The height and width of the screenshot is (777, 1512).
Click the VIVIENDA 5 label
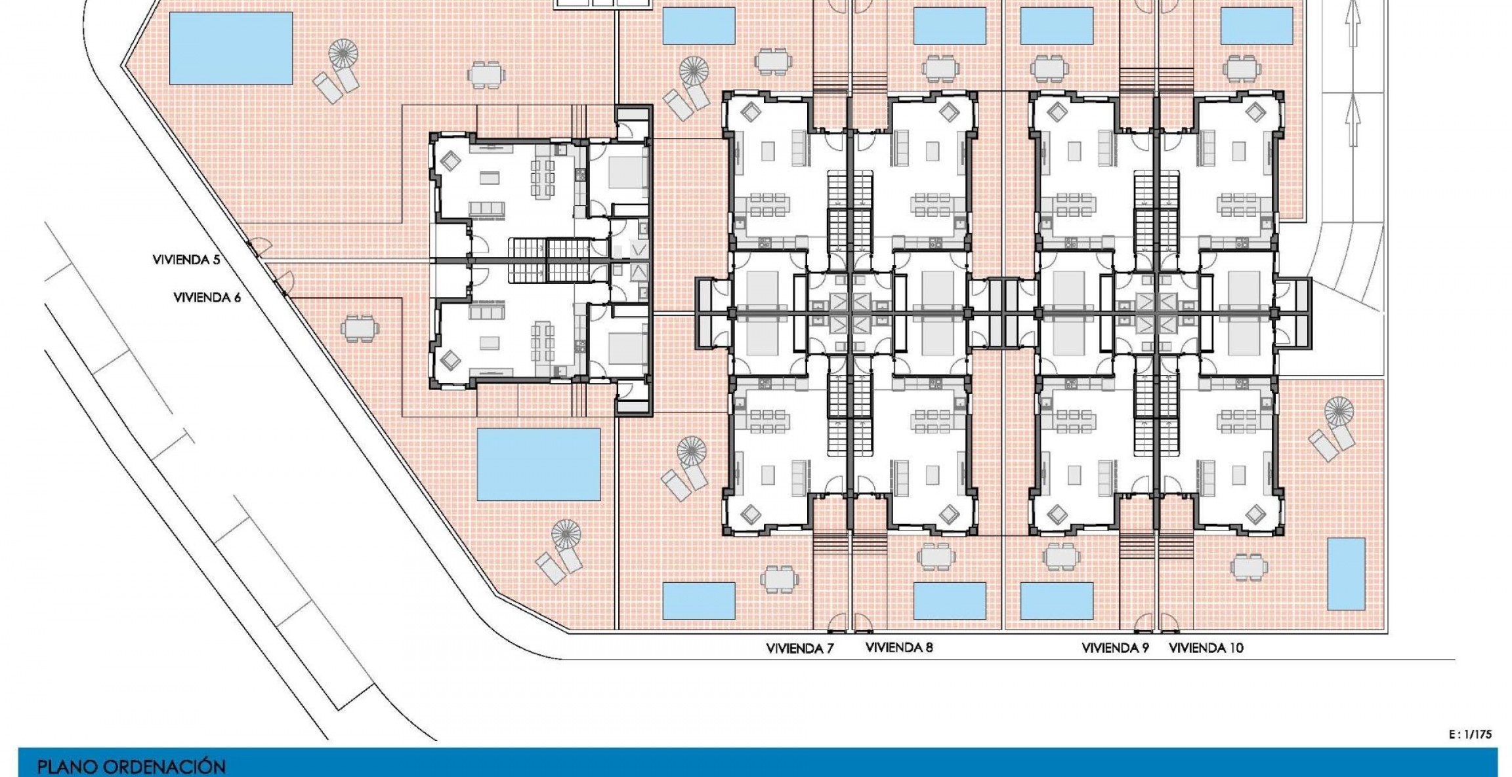(x=186, y=260)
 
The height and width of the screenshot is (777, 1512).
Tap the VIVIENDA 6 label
(x=207, y=298)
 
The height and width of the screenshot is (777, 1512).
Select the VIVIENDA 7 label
(x=799, y=648)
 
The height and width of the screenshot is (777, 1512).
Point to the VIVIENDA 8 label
(x=898, y=647)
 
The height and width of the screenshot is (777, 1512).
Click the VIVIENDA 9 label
(x=1115, y=648)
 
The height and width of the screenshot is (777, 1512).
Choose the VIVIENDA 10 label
(x=1206, y=648)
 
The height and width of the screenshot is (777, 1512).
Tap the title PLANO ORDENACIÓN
(x=131, y=767)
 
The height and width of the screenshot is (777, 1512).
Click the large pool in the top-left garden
(x=230, y=48)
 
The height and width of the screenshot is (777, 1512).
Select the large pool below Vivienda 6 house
(x=538, y=464)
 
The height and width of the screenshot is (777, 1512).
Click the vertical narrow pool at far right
(x=1346, y=574)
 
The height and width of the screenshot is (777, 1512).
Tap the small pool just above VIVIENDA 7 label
(x=698, y=600)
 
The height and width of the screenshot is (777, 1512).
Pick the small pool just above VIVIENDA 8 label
(x=950, y=600)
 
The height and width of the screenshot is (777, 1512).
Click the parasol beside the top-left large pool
(x=343, y=53)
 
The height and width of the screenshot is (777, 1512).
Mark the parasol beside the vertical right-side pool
(x=1339, y=411)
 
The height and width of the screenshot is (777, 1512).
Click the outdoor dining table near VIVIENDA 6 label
(x=359, y=328)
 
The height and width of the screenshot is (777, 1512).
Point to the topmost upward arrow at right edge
(x=1353, y=23)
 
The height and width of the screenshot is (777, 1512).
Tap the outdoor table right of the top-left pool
(x=486, y=74)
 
